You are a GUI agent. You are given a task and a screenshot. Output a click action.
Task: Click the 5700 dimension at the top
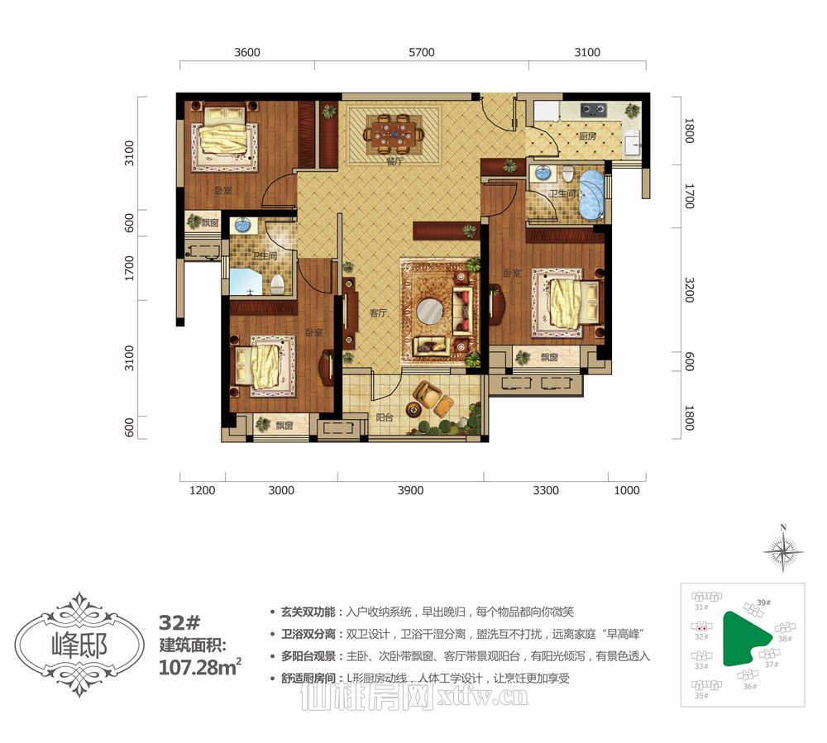(421, 52)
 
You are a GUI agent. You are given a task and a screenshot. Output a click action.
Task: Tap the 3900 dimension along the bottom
(410, 490)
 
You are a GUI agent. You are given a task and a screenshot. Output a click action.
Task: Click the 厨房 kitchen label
(588, 136)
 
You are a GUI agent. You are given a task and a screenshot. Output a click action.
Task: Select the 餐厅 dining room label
(394, 161)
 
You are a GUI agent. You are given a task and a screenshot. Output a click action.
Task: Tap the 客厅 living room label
(379, 313)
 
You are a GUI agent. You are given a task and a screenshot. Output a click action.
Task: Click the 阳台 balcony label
(383, 417)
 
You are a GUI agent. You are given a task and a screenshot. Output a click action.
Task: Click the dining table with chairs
(394, 131)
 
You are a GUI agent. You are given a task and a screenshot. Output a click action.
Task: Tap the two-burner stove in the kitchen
(593, 107)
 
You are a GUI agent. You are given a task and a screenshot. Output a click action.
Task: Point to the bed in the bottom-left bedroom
(262, 364)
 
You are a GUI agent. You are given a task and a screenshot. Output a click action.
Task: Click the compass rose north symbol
(782, 549)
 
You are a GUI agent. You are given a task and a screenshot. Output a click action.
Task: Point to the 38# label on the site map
(784, 639)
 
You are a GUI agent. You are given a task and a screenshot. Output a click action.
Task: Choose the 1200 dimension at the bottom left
(203, 490)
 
